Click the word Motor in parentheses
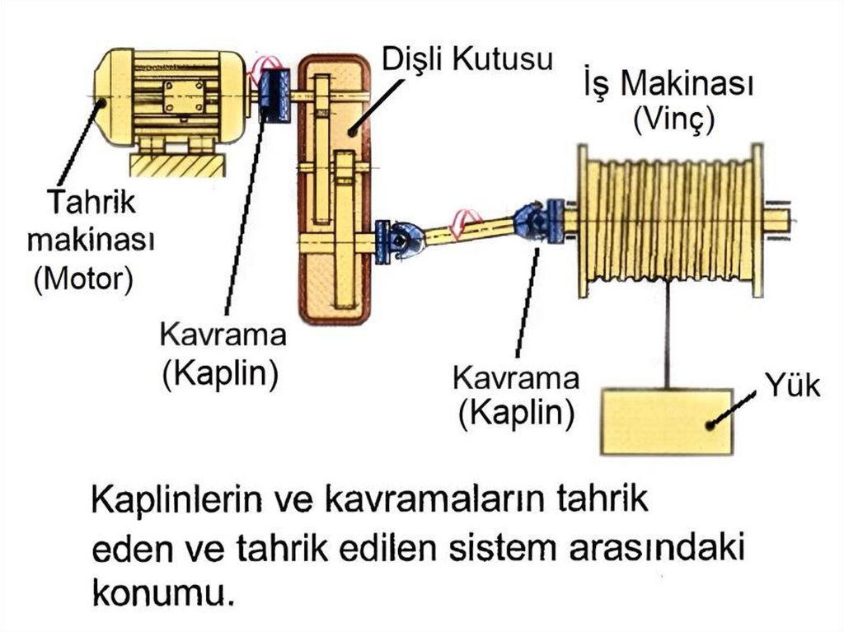point(82,278)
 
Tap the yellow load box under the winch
point(667,421)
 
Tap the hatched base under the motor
point(176,166)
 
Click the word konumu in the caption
point(157,591)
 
